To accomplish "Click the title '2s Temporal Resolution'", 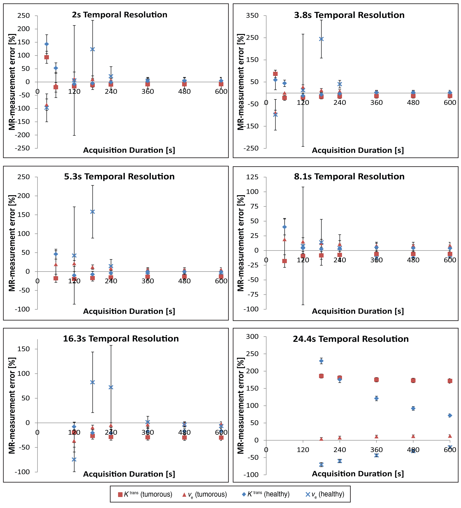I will tap(120, 15).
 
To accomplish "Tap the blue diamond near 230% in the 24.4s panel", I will tap(321, 361).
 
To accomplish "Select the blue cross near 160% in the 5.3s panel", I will tap(92, 212).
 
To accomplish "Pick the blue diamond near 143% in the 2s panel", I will tap(47, 44).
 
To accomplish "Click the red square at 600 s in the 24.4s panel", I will tap(450, 381).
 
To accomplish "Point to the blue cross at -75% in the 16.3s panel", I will tap(74, 459).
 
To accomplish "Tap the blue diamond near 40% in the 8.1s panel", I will tap(284, 227).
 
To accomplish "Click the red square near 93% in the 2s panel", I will tap(47, 57).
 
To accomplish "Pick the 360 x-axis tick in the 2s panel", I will tap(148, 91).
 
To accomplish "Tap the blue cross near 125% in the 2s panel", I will tap(92, 49).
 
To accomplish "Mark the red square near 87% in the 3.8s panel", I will tap(275, 74).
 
